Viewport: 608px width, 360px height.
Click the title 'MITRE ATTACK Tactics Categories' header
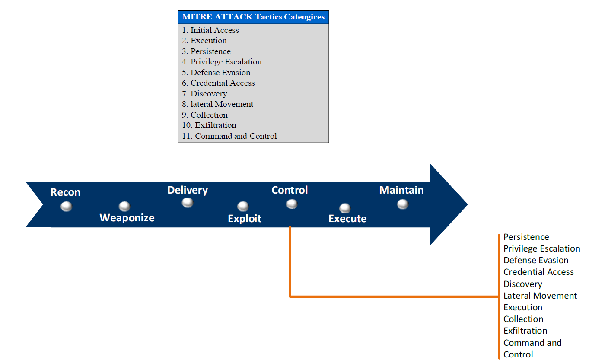click(253, 17)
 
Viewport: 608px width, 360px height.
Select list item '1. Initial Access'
click(210, 30)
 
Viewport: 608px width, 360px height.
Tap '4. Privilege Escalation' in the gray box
click(222, 62)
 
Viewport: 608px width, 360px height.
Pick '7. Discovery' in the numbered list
click(204, 94)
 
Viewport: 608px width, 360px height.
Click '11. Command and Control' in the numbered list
click(229, 136)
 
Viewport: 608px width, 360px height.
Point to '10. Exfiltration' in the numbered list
click(209, 125)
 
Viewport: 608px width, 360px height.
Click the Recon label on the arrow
click(65, 192)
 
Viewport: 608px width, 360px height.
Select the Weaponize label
click(127, 218)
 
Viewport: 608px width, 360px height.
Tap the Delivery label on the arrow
click(188, 190)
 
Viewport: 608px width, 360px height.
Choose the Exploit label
click(245, 219)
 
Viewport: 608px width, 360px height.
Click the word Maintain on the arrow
click(401, 190)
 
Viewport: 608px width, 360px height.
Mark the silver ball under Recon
click(66, 206)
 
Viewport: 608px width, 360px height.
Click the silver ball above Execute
click(345, 208)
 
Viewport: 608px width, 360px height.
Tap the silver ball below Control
click(292, 204)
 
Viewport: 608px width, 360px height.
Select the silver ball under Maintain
click(403, 204)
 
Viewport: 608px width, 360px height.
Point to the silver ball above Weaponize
click(124, 206)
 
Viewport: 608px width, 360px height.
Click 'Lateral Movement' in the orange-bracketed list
click(540, 296)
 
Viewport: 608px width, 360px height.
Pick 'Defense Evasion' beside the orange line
click(536, 260)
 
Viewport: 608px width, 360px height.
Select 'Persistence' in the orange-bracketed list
click(526, 237)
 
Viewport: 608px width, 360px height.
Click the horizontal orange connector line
click(394, 296)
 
